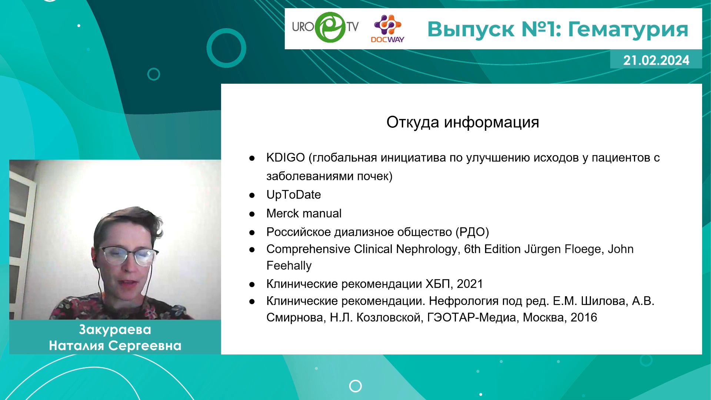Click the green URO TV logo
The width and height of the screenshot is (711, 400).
click(325, 27)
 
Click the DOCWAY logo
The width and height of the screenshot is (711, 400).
click(387, 29)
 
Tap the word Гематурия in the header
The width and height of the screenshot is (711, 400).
click(628, 29)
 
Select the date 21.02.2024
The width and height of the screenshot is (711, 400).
click(656, 60)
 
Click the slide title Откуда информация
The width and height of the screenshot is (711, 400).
click(463, 122)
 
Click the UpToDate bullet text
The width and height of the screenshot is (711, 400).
click(294, 195)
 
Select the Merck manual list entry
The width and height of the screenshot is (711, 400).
click(304, 213)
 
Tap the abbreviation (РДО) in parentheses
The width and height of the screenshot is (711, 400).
click(472, 232)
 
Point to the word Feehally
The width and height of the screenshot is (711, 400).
click(289, 266)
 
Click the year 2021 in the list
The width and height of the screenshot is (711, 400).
click(470, 284)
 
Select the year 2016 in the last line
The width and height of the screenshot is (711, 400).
click(584, 317)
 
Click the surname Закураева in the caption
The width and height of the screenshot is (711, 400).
click(115, 330)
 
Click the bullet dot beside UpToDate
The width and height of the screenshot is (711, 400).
click(252, 195)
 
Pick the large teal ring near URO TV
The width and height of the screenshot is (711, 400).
click(226, 48)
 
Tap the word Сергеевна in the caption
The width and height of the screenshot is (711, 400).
click(145, 346)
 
